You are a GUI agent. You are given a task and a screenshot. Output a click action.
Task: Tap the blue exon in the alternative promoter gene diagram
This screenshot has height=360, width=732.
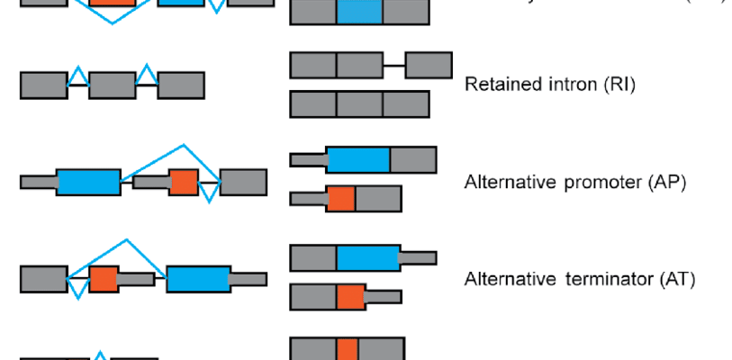pyautogui.click(x=87, y=182)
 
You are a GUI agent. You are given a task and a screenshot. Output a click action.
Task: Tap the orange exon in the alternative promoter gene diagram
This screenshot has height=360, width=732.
pyautogui.click(x=184, y=182)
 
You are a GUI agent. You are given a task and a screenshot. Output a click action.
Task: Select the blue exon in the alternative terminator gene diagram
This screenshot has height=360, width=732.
pyautogui.click(x=198, y=279)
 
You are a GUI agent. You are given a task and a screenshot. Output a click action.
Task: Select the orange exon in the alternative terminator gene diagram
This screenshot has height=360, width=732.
pyautogui.click(x=104, y=279)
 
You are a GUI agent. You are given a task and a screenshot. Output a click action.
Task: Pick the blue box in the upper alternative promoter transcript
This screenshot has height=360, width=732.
pyautogui.click(x=358, y=159)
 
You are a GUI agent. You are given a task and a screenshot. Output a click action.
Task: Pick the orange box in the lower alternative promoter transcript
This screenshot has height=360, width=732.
pyautogui.click(x=340, y=198)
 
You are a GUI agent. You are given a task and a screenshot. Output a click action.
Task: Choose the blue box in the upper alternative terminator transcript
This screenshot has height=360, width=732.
pyautogui.click(x=368, y=257)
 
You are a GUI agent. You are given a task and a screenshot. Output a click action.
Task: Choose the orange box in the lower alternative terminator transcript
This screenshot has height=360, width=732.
pyautogui.click(x=350, y=296)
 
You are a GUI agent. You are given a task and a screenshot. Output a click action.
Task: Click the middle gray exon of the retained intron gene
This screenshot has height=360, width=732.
pyautogui.click(x=112, y=85)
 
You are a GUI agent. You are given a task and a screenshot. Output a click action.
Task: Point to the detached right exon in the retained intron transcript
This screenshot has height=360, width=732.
pyautogui.click(x=429, y=66)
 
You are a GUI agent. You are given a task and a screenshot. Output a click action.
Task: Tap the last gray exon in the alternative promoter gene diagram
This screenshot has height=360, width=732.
pyautogui.click(x=243, y=182)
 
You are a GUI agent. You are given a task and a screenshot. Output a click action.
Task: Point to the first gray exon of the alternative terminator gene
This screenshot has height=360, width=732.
pyautogui.click(x=43, y=279)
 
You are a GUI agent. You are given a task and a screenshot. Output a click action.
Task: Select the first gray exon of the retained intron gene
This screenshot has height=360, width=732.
pyautogui.click(x=43, y=85)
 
